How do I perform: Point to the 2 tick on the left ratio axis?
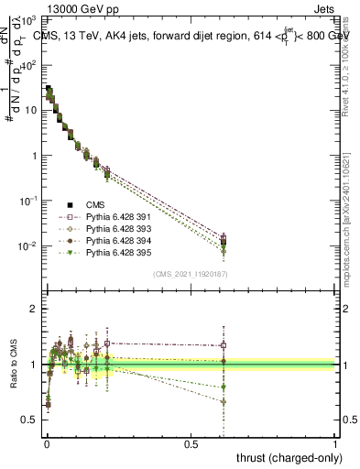pos(35,309)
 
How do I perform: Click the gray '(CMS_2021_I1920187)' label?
pos(190,273)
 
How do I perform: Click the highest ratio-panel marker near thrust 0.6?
pos(223,345)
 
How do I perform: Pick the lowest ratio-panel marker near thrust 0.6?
pos(223,401)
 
